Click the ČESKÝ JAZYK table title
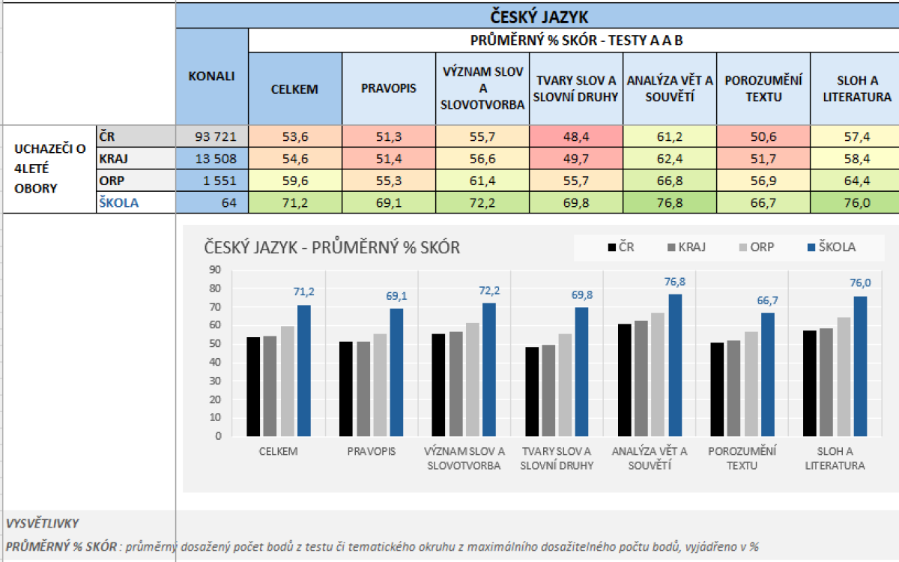[x=537, y=16]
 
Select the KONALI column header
[x=211, y=76]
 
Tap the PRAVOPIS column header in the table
[x=389, y=89]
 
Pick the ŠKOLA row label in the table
[x=119, y=202]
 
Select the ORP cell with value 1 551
[x=211, y=180]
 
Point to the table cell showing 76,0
[x=855, y=202]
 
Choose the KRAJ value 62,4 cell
[x=669, y=158]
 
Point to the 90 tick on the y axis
[x=215, y=270]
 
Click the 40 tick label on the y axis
[x=215, y=362]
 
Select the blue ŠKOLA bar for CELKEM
[x=303, y=370]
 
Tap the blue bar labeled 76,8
[x=675, y=364]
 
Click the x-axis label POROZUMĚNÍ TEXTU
[x=742, y=458]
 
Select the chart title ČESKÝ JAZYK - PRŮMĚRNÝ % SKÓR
[x=333, y=247]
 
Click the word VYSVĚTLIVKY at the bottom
[x=42, y=524]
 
